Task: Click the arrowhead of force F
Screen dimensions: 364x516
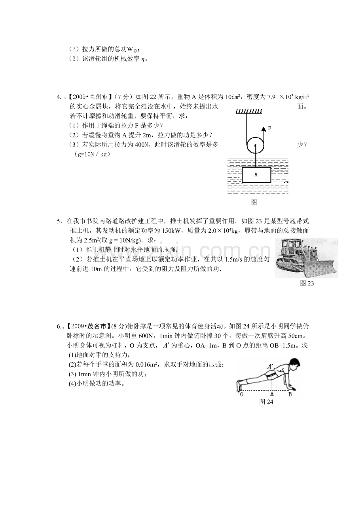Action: pos(264,128)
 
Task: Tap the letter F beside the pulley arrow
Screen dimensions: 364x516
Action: pos(269,128)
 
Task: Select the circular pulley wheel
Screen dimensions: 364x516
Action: pos(255,145)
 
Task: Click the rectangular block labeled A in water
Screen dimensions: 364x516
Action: pos(256,175)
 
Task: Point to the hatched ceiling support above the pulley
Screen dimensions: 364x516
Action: pos(249,111)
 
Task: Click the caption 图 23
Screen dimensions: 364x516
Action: pos(307,283)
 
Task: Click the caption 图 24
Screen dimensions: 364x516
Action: pos(266,402)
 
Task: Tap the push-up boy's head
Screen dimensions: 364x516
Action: pos(294,364)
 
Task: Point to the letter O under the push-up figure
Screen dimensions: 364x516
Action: pos(242,394)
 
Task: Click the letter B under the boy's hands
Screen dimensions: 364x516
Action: pos(290,394)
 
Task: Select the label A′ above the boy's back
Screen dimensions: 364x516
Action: pos(270,367)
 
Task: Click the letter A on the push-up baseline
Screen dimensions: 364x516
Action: pos(272,394)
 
